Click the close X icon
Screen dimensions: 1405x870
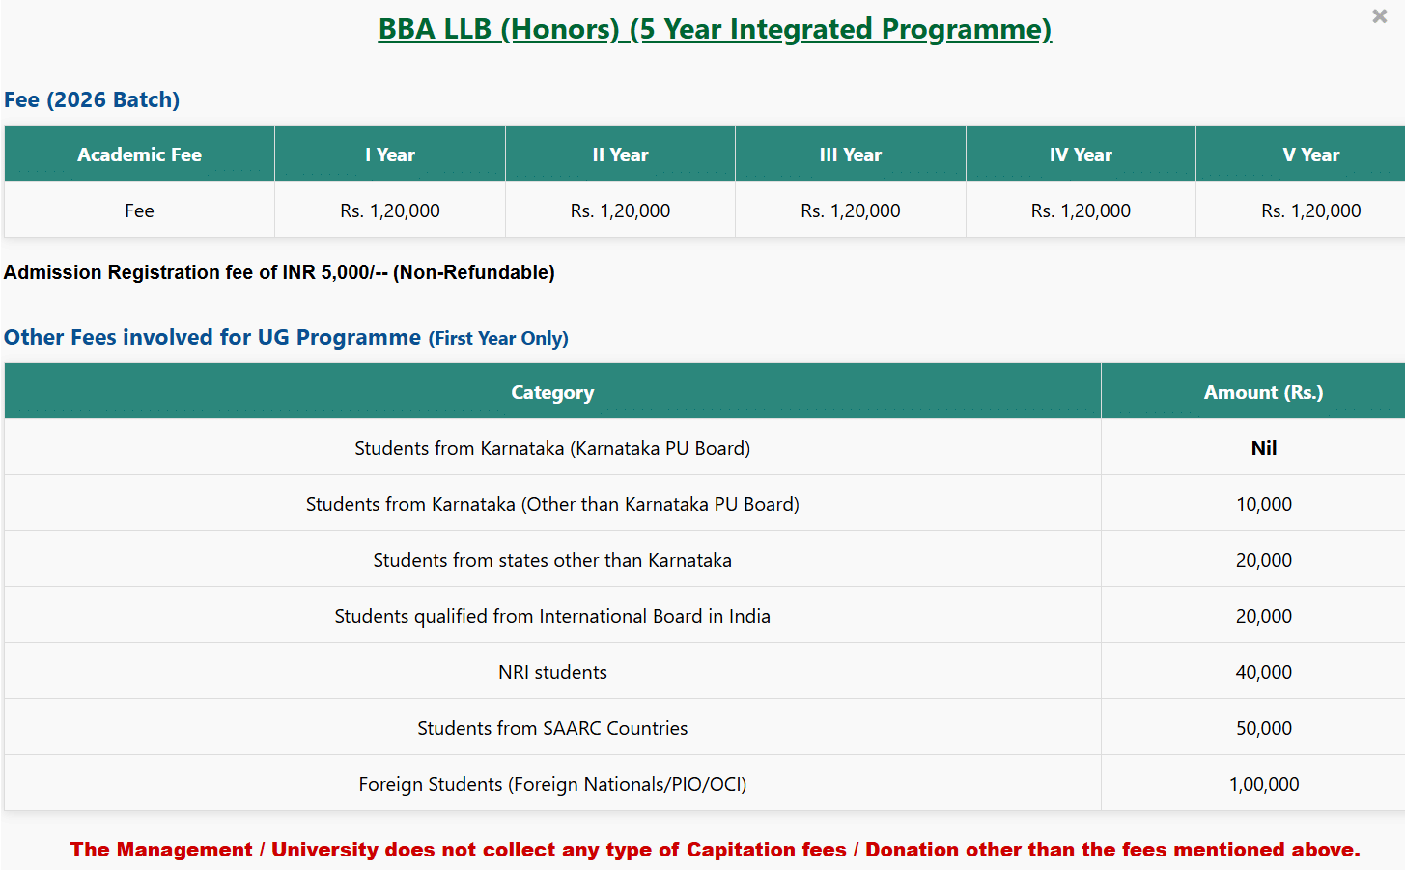click(1379, 16)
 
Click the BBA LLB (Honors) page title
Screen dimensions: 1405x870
click(715, 29)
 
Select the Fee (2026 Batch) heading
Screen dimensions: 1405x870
click(92, 99)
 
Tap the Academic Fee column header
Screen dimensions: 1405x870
click(139, 154)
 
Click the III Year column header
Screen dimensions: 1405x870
click(851, 154)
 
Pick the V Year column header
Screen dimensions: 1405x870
click(1311, 154)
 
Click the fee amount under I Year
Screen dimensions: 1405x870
click(390, 210)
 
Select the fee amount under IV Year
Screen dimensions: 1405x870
click(1081, 210)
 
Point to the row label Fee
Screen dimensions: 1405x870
click(139, 210)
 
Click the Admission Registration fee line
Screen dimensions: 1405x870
click(279, 272)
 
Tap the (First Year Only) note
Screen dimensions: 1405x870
click(498, 338)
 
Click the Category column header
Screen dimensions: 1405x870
click(552, 392)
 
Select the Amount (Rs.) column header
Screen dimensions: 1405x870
click(1264, 392)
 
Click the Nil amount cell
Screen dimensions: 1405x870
click(1264, 448)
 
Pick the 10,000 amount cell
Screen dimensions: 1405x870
click(1264, 504)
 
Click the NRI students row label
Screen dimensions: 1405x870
click(552, 672)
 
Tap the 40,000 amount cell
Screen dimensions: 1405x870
click(1264, 672)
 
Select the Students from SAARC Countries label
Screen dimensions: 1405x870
click(552, 728)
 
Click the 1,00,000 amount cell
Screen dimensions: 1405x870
click(1264, 784)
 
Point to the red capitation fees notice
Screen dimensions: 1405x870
click(715, 850)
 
